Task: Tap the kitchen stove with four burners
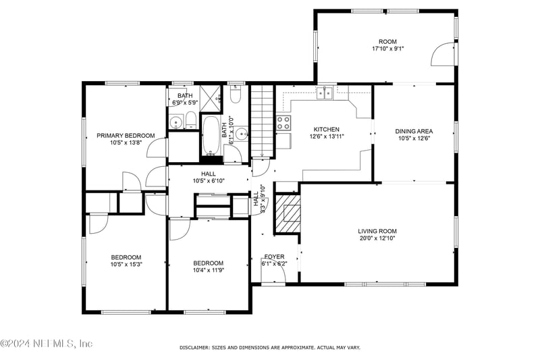point(283,122)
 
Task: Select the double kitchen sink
point(325,93)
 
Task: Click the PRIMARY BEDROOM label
point(126,135)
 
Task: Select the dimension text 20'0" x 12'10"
point(377,238)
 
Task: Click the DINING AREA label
point(414,131)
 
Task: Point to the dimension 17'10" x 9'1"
point(387,49)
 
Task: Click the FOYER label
point(274,257)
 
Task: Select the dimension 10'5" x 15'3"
point(126,264)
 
